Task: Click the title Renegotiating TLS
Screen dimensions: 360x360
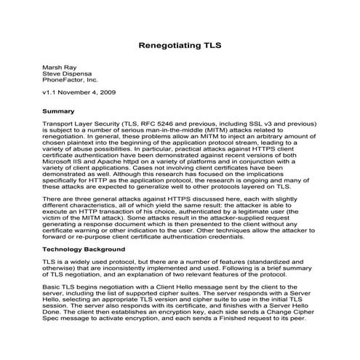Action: [x=180, y=44]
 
